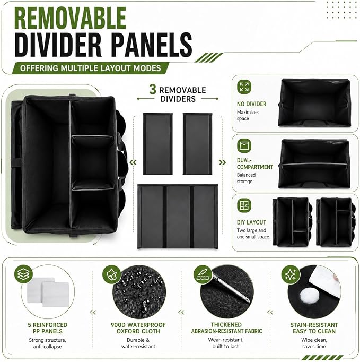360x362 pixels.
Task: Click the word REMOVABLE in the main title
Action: (x=70, y=18)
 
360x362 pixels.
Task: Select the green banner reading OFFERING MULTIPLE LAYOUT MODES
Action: (x=91, y=68)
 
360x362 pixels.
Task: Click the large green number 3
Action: (x=153, y=89)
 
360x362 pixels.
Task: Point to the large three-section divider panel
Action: (x=178, y=217)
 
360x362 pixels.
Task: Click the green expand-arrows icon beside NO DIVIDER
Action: (x=244, y=87)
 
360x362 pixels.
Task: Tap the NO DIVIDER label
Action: (x=251, y=104)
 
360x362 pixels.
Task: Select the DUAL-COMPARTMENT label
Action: (x=254, y=163)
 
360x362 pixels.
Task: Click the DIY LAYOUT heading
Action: (x=251, y=222)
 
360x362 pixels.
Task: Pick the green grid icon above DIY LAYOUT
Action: (x=244, y=205)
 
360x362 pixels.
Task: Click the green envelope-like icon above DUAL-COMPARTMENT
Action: (x=244, y=145)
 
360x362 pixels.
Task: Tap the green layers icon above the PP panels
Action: (x=23, y=274)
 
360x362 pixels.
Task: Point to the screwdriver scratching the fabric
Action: (x=231, y=288)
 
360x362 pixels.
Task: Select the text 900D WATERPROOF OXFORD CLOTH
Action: (x=138, y=328)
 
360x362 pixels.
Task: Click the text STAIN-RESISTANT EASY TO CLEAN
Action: (x=314, y=328)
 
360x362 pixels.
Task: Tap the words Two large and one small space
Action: (x=253, y=234)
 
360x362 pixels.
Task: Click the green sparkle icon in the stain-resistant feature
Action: (x=291, y=274)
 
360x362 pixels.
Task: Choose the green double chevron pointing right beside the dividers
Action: (x=222, y=162)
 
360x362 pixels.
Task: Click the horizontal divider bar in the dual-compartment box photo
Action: (x=314, y=165)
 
